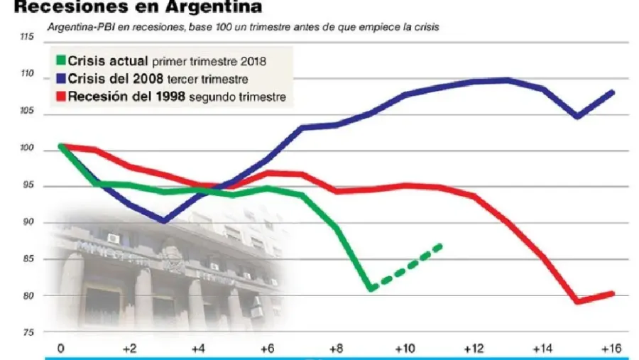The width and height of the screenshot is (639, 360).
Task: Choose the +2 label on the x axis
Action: pos(129,349)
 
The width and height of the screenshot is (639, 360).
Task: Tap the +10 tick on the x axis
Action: pos(405,349)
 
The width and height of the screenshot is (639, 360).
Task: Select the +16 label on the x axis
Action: pos(611,349)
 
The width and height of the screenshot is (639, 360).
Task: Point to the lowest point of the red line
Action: pos(578,302)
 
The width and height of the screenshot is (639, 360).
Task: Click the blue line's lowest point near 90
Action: pos(164,221)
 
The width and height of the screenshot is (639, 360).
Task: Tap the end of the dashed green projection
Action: pos(441,246)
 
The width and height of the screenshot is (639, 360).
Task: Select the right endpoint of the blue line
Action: pos(613,92)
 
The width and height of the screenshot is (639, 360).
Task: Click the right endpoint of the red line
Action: pos(613,293)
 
